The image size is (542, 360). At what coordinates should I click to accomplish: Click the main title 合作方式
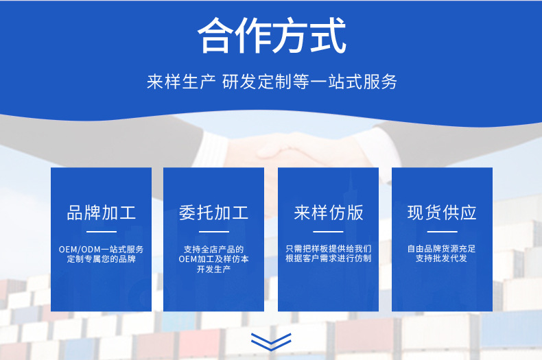[271, 36]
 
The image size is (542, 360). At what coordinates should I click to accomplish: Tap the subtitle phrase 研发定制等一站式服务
[310, 82]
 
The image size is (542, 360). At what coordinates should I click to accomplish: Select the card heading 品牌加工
[101, 212]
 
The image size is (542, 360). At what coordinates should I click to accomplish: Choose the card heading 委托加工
[213, 212]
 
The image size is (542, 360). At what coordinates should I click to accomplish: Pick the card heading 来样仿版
[328, 212]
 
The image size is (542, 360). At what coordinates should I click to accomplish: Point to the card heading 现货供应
[442, 212]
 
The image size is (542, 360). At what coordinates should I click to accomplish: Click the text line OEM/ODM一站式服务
[101, 249]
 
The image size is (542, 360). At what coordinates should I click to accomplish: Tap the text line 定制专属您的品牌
[101, 259]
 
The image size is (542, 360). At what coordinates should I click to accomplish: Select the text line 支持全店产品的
[213, 249]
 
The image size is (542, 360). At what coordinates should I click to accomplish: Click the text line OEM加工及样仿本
[213, 259]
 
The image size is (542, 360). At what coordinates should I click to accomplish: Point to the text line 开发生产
[213, 269]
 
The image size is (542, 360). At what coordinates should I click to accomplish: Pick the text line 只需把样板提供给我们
[328, 249]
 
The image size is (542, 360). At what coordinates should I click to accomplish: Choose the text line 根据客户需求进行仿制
[328, 259]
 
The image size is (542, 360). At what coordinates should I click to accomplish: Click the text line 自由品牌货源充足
[442, 249]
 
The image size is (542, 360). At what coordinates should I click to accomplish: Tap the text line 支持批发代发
[442, 259]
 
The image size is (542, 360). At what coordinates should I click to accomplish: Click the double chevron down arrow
[271, 341]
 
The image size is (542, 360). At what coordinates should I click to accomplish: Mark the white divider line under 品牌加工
[101, 232]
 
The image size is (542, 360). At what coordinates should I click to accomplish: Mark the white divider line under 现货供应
[442, 232]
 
